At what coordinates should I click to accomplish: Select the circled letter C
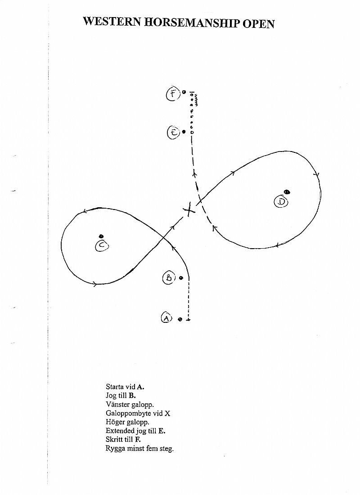pyautogui.click(x=102, y=245)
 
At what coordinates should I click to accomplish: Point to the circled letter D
pyautogui.click(x=281, y=201)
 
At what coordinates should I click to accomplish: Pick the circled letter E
pyautogui.click(x=174, y=132)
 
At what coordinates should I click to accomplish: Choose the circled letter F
pyautogui.click(x=173, y=94)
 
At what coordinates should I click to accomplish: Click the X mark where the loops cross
pyautogui.click(x=189, y=210)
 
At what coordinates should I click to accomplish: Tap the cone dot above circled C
pyautogui.click(x=101, y=236)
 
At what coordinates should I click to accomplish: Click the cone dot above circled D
pyautogui.click(x=287, y=192)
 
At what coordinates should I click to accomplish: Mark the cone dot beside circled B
pyautogui.click(x=181, y=278)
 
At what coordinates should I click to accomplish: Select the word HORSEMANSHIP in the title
pyautogui.click(x=192, y=23)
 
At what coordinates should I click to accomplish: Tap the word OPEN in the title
pyautogui.click(x=259, y=24)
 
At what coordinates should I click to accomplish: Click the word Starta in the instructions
pyautogui.click(x=115, y=387)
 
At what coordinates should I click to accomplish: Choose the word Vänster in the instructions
pyautogui.click(x=117, y=404)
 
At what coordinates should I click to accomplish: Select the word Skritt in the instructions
pyautogui.click(x=114, y=439)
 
